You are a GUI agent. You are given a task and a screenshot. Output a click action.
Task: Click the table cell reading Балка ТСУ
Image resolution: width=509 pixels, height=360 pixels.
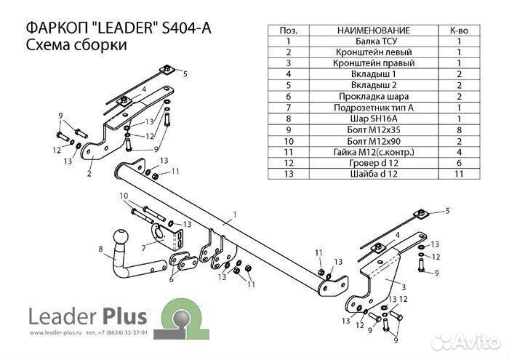(374, 41)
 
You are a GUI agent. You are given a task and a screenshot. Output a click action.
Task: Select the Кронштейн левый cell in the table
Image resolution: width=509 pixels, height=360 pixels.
(374, 52)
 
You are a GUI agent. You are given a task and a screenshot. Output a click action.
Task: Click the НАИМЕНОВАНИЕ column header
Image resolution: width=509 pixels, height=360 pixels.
(374, 31)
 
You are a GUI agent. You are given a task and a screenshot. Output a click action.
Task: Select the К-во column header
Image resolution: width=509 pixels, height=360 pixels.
(459, 31)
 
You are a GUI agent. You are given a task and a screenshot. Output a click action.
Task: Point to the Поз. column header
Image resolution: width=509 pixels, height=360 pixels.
(289, 31)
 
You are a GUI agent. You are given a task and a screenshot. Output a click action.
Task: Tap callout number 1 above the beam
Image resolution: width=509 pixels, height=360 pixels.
(235, 215)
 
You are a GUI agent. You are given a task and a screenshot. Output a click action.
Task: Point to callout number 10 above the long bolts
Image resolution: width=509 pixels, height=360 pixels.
(124, 196)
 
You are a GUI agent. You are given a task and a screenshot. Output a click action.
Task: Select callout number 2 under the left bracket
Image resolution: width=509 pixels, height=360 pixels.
(89, 174)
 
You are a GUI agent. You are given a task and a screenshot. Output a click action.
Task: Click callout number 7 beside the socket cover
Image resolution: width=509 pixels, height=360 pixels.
(144, 248)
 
